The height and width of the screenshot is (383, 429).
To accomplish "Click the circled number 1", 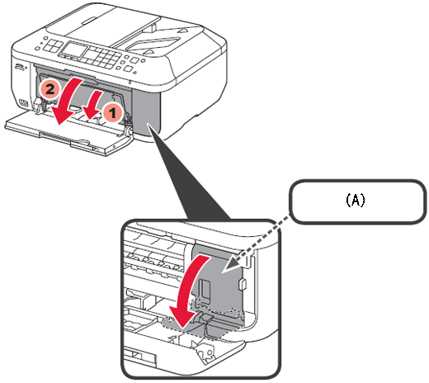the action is click(113, 112).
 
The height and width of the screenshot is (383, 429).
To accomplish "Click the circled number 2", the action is click(49, 89).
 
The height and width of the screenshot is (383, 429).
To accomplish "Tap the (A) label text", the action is click(356, 200).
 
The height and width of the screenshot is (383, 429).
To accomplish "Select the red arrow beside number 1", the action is click(93, 106).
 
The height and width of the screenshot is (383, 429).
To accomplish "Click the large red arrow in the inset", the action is click(185, 291).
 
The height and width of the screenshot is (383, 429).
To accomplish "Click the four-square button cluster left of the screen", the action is click(53, 45).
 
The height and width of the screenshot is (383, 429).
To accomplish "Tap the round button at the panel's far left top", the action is click(45, 38).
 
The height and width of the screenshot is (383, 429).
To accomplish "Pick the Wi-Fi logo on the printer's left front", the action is click(20, 67).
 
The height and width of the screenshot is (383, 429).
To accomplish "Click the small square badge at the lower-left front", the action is click(23, 102).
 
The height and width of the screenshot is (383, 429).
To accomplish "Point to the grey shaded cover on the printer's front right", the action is click(146, 113).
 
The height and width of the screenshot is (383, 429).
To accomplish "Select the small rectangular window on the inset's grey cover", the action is click(204, 288).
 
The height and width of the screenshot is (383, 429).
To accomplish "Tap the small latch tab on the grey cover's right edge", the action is click(243, 284).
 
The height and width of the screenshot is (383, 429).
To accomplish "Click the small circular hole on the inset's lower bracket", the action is click(210, 352).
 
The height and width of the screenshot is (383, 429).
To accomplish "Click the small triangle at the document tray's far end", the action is click(182, 29).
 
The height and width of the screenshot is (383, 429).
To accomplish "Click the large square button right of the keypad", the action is click(134, 60).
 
